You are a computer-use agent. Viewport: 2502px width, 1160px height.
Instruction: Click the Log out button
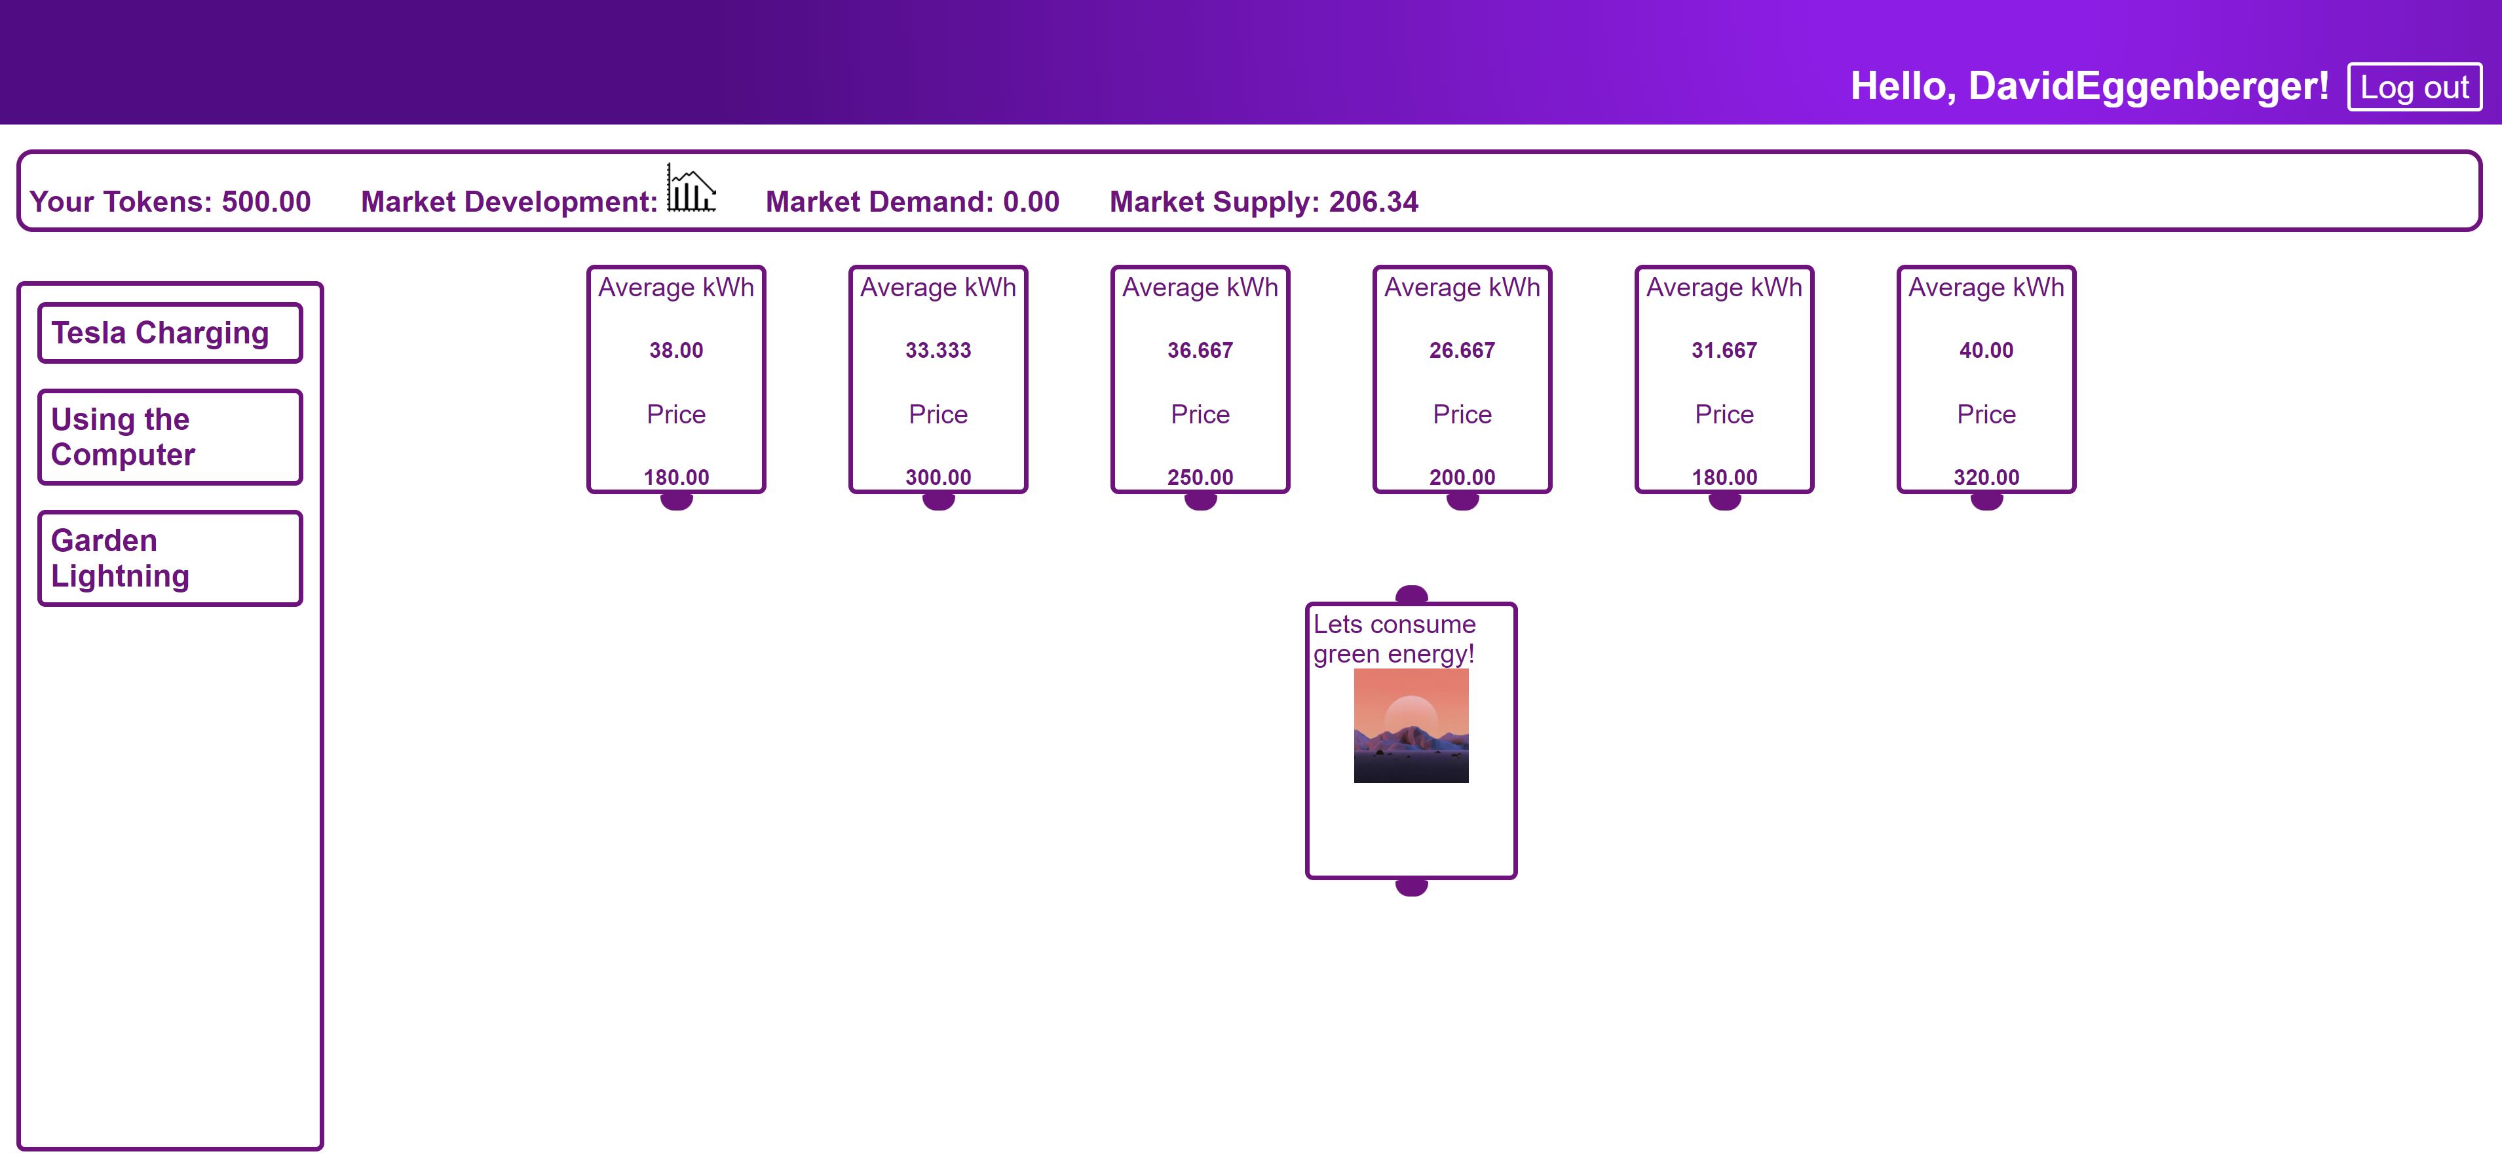pos(2414,87)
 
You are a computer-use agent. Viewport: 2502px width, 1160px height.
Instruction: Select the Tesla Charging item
pos(169,333)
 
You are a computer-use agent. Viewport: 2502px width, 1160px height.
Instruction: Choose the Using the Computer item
pos(169,437)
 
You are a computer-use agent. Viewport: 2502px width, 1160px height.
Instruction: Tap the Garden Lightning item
pos(169,558)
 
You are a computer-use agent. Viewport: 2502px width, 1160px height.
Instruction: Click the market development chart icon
pos(691,189)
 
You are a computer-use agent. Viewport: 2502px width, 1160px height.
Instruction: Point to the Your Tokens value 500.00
pos(266,202)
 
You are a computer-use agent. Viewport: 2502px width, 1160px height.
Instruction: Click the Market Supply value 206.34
pos(1373,202)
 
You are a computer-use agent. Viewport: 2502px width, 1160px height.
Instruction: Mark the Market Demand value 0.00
pos(1031,202)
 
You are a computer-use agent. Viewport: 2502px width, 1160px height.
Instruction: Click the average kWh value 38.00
pos(676,351)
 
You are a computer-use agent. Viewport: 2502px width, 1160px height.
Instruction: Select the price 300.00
pos(938,477)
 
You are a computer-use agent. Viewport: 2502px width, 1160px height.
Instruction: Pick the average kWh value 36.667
pos(1200,351)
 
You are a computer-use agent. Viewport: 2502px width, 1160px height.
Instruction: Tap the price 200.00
pos(1462,477)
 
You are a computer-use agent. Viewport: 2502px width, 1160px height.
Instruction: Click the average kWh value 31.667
pos(1724,351)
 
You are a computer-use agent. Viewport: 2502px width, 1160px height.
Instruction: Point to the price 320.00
pos(1986,477)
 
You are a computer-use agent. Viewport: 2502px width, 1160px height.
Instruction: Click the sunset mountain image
pos(1411,725)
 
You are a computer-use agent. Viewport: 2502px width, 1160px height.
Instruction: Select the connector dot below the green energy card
pos(1411,887)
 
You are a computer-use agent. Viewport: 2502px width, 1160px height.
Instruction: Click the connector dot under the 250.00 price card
pos(1200,501)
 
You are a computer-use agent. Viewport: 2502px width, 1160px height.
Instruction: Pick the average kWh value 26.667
pos(1462,351)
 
